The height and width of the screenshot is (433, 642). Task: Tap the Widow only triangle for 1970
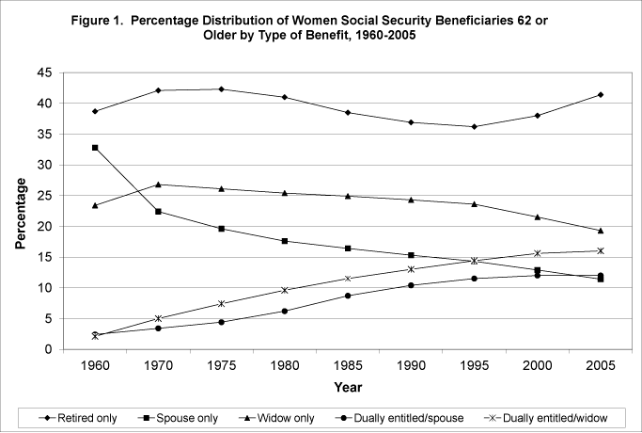[159, 184]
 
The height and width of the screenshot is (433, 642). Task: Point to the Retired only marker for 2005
[600, 94]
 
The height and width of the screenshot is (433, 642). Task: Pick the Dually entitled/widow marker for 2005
[600, 250]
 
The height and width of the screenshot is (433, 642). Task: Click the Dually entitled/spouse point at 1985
[348, 296]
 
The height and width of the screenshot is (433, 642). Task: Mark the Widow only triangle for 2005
[600, 231]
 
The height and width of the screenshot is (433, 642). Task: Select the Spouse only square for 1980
[284, 241]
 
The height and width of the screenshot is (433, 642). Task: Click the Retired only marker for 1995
[474, 126]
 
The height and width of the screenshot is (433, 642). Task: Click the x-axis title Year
[348, 386]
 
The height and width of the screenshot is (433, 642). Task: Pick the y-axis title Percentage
[21, 211]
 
